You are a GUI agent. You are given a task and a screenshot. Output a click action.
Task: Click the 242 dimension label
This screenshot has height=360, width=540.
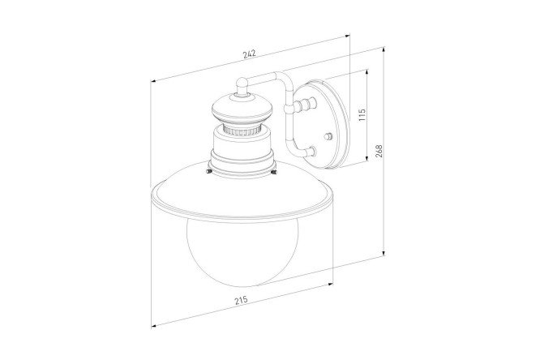click(249, 54)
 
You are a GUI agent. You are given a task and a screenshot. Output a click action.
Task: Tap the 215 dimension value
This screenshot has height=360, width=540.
click(242, 300)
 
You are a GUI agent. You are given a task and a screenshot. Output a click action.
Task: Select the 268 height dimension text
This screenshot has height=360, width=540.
click(379, 151)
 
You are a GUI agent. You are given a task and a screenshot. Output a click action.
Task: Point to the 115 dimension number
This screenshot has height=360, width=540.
click(362, 114)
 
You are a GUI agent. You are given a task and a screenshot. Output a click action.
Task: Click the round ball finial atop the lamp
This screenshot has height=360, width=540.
click(242, 84)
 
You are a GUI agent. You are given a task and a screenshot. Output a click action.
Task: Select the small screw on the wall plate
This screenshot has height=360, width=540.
click(329, 136)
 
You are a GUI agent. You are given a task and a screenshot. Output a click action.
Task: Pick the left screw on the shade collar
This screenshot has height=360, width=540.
click(208, 171)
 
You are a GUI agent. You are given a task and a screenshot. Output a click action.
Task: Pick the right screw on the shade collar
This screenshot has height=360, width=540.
click(274, 171)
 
